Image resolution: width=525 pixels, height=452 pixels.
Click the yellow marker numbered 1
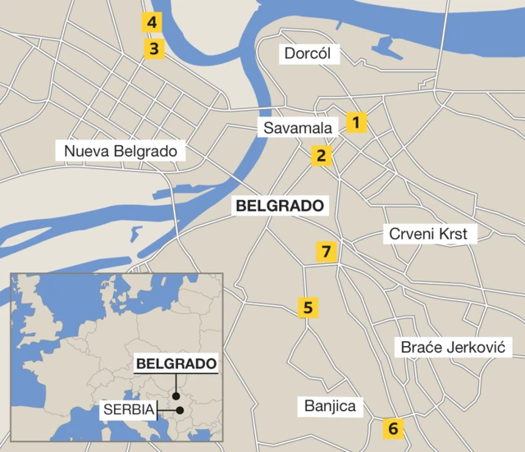click(355, 123)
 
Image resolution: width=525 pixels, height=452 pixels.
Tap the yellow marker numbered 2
click(322, 155)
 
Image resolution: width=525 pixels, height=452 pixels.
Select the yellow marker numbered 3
click(153, 48)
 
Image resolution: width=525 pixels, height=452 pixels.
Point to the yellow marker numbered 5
click(308, 308)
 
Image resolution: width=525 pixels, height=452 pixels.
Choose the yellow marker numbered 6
click(392, 427)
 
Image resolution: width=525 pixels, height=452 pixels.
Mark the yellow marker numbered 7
click(326, 251)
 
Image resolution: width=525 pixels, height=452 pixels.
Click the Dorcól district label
click(307, 54)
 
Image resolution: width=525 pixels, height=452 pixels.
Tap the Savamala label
click(298, 129)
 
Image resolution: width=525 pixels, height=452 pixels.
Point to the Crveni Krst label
click(427, 234)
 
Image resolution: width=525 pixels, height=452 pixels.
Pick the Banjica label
click(330, 405)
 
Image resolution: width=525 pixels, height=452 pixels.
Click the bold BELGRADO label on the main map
click(280, 206)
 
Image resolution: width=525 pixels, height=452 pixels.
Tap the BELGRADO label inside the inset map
click(176, 363)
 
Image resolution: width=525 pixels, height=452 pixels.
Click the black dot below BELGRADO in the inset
click(176, 395)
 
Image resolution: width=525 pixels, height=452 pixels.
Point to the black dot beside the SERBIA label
click(180, 409)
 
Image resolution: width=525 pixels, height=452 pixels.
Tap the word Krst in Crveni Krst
click(452, 234)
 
